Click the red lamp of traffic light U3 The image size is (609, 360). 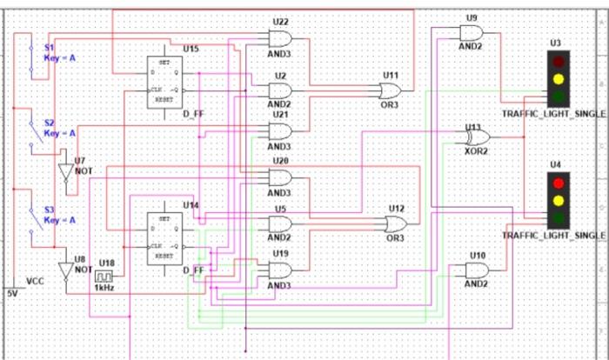click(556, 62)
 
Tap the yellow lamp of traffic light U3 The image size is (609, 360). click(556, 78)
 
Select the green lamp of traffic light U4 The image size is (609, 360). click(556, 217)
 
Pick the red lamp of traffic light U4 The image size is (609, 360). click(556, 183)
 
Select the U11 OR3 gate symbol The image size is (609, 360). click(391, 90)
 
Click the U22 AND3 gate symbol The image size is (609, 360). click(281, 37)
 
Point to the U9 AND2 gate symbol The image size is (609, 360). click(471, 34)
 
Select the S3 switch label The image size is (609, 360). click(50, 210)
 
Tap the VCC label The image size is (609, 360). click(35, 282)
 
